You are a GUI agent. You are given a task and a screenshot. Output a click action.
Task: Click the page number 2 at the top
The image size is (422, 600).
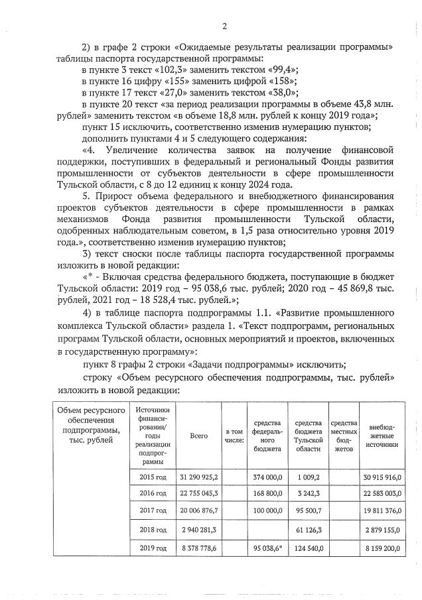coord(225,27)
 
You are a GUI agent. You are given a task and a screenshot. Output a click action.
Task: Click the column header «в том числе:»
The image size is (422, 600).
coord(235,436)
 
